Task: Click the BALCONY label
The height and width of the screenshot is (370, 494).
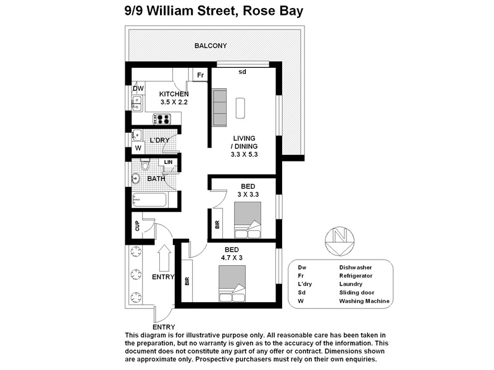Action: (x=211, y=46)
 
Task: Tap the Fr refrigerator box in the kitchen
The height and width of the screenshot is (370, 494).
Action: (x=200, y=75)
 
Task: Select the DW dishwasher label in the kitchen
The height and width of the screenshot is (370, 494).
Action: (x=138, y=89)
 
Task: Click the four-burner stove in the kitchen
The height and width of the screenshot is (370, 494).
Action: (x=164, y=119)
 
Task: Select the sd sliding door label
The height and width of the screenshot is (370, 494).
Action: (x=242, y=72)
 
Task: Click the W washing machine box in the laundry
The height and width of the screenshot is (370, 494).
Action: (x=138, y=148)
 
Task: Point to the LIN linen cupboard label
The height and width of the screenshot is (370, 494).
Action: (x=168, y=162)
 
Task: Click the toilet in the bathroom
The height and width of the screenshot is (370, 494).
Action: (x=145, y=165)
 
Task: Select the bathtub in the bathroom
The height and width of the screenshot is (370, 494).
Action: (x=149, y=200)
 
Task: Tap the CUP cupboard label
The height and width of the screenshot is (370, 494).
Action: (x=137, y=226)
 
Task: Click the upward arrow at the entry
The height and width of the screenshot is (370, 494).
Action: (x=164, y=258)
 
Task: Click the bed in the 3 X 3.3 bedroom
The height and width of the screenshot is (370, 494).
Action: (x=248, y=220)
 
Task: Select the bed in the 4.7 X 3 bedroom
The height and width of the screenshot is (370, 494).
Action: (x=232, y=282)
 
